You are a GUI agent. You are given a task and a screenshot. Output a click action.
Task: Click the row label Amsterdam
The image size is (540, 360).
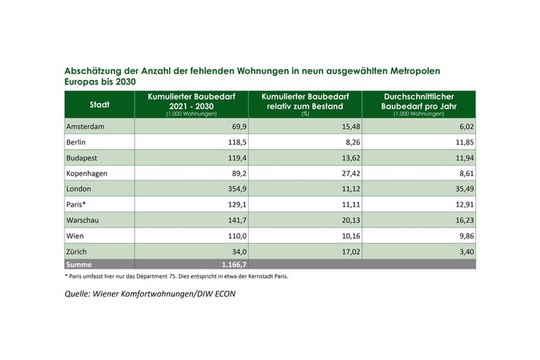click(x=84, y=126)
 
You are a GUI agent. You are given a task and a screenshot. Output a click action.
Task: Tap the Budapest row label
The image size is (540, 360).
click(x=83, y=158)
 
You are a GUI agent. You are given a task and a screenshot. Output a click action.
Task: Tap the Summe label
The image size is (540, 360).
click(x=81, y=263)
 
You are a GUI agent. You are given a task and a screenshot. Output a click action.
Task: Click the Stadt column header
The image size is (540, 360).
click(x=99, y=104)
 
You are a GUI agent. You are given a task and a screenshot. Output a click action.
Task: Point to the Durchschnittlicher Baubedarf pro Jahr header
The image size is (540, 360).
click(x=419, y=102)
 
